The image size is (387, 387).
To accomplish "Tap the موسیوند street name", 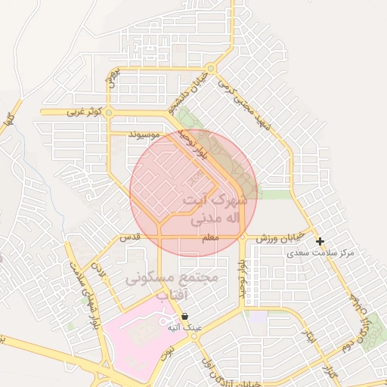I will (x=144, y=135).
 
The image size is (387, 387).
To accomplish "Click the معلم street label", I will (x=210, y=238).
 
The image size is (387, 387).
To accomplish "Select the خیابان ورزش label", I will (x=283, y=238).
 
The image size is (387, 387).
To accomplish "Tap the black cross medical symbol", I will (x=320, y=242).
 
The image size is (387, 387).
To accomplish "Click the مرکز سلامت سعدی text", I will (x=325, y=252).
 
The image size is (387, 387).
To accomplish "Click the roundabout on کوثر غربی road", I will (x=110, y=113).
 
